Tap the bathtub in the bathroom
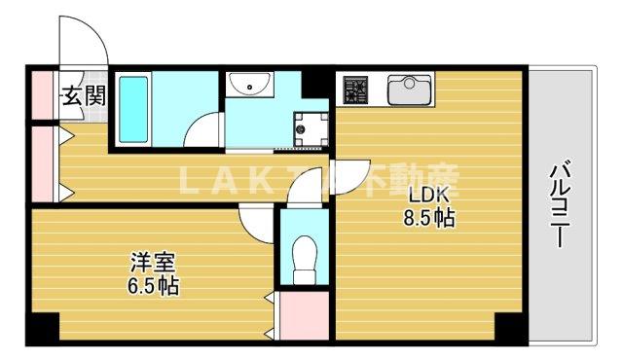coord(132,107)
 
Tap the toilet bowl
coord(306,255)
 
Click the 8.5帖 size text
coord(428,219)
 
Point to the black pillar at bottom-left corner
coord(41,329)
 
